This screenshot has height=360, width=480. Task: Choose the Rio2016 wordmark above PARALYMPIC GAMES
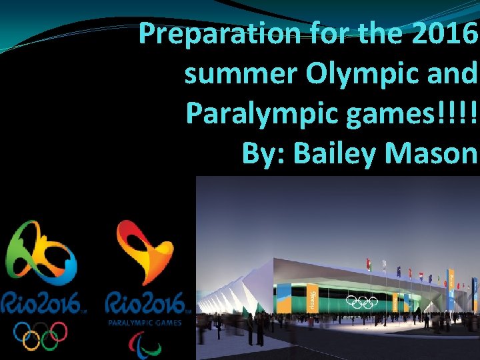[147, 305]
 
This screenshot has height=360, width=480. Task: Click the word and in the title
[453, 74]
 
